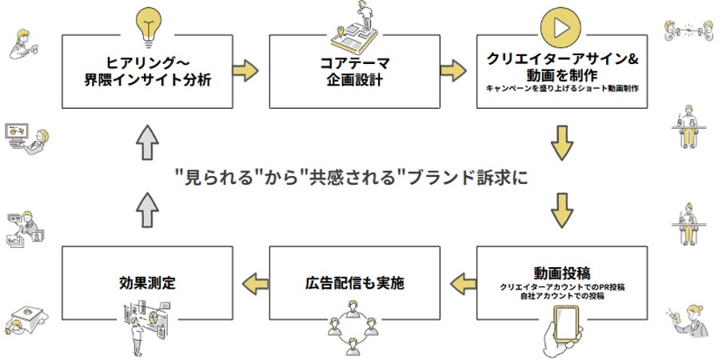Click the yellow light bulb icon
point(148,24)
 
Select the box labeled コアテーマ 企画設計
point(353,70)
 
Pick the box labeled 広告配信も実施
point(353,282)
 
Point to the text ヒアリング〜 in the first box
point(147,61)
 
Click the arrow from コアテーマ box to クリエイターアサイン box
point(454,70)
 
